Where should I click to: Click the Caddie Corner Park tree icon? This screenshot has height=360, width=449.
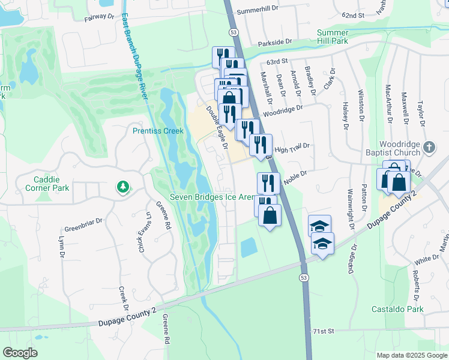tap(123, 187)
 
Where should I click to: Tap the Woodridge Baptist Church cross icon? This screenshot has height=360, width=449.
tap(429, 147)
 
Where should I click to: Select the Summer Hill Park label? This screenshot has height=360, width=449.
tap(333, 36)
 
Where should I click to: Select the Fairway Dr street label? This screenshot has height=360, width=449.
tap(99, 19)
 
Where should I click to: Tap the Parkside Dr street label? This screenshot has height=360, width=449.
tap(275, 43)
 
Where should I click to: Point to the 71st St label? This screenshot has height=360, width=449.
tap(322, 331)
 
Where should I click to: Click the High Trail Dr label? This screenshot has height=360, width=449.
tap(292, 147)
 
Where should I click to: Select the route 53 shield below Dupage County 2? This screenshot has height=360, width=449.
tap(304, 277)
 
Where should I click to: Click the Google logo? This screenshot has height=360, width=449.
tap(20, 353)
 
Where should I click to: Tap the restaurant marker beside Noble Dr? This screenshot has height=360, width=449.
tap(268, 182)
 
